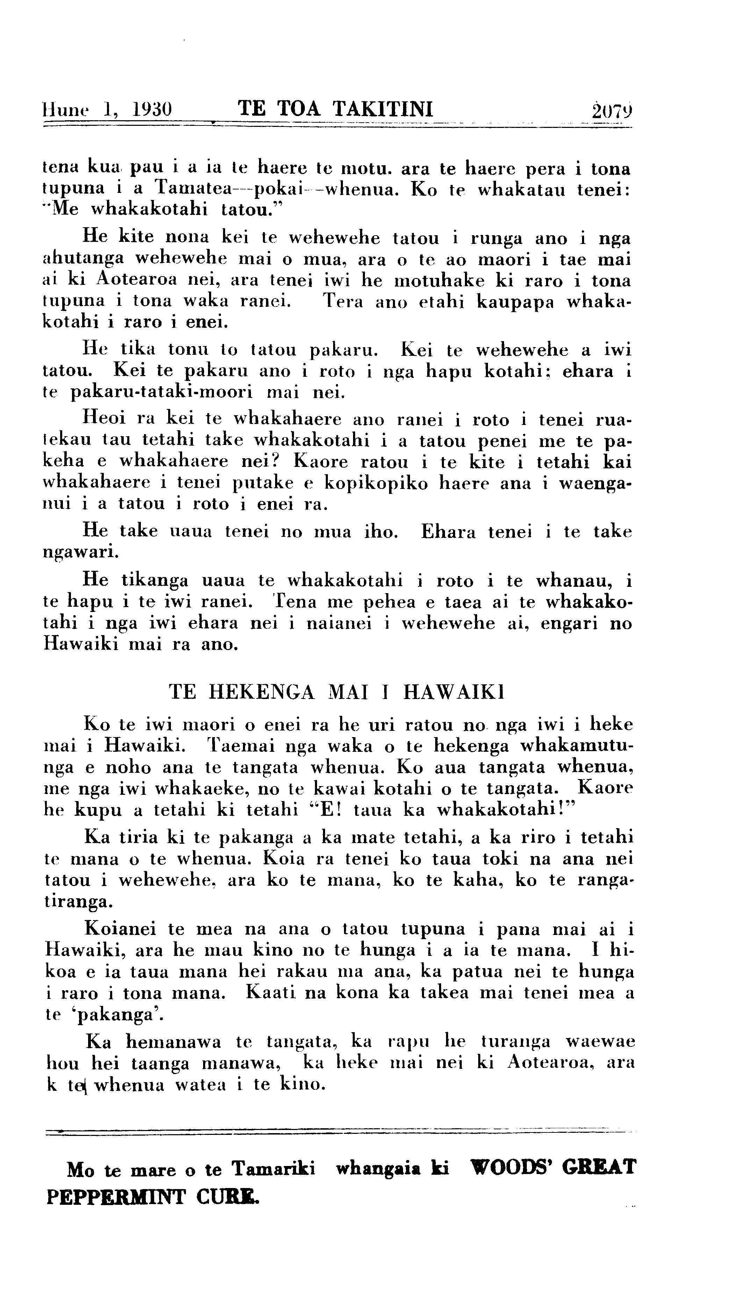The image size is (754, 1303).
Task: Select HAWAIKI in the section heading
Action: pos(453,692)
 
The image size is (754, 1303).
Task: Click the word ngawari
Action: pos(80,552)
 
